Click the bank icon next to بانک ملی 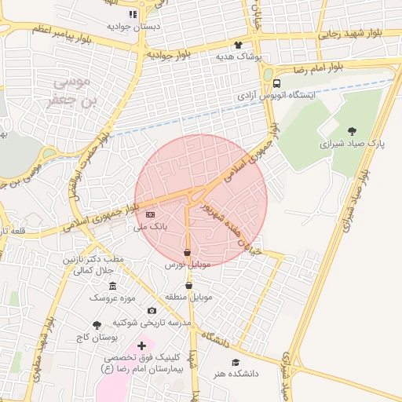click(x=150, y=215)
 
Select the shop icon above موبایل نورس click(x=187, y=253)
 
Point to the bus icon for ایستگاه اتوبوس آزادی click(x=276, y=83)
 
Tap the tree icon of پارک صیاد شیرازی click(x=350, y=132)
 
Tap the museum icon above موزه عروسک click(x=112, y=286)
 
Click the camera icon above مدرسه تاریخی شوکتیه click(x=152, y=310)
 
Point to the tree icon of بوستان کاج click(x=97, y=325)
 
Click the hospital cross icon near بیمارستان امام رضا click(x=141, y=345)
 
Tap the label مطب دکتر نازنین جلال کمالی click(x=93, y=265)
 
